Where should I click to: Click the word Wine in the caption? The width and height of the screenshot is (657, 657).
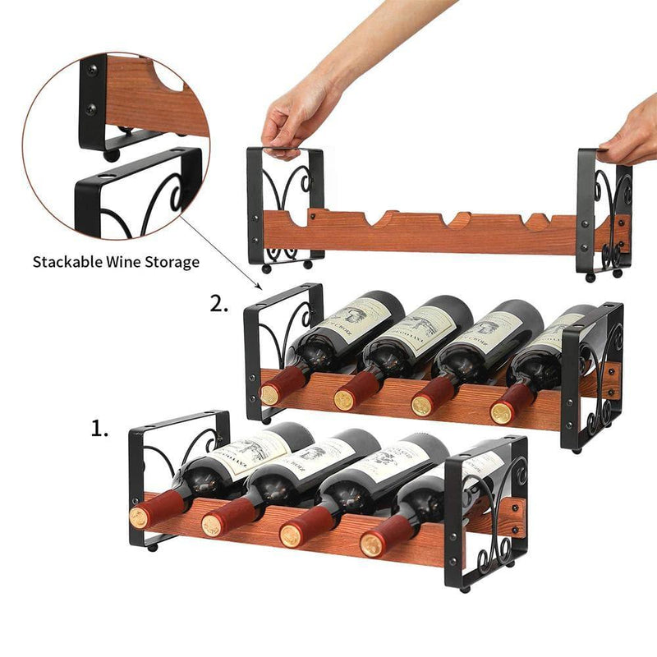[128, 263]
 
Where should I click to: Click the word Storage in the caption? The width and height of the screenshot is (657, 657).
[172, 263]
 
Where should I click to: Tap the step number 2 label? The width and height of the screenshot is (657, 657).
[218, 305]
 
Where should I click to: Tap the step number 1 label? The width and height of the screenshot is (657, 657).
[99, 429]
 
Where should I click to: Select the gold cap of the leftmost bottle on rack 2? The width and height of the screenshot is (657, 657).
[270, 394]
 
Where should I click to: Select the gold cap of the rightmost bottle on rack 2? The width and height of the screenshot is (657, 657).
[501, 413]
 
